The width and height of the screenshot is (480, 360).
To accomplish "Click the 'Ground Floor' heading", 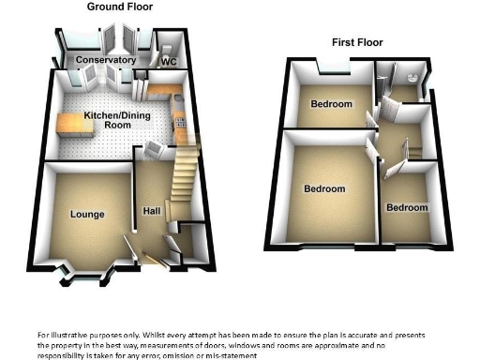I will [x=121, y=7].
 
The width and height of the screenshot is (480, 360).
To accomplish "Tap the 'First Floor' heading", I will [x=357, y=42].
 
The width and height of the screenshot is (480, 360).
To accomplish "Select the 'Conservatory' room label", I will [x=106, y=61].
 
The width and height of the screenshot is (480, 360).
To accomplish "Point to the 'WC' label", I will [x=170, y=62].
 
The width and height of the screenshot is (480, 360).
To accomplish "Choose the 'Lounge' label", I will [x=86, y=215].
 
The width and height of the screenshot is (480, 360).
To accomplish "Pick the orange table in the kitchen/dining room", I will [x=74, y=124].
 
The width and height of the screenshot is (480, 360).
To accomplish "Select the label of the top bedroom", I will [x=332, y=103].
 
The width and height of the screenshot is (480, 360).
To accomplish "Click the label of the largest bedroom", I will [x=324, y=188].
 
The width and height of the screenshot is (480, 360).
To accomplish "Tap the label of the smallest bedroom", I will [x=407, y=207].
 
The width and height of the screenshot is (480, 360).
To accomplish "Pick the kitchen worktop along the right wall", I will [x=181, y=116].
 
